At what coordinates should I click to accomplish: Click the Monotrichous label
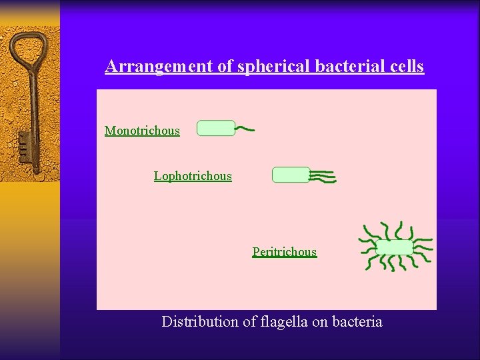click(x=142, y=131)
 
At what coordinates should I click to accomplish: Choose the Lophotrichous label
click(x=193, y=176)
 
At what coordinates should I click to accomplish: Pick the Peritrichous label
click(x=284, y=252)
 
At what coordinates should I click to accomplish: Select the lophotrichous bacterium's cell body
click(x=291, y=175)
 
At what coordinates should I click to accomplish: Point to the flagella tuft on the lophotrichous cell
click(x=323, y=176)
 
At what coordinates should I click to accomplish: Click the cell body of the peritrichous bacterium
click(x=395, y=247)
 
